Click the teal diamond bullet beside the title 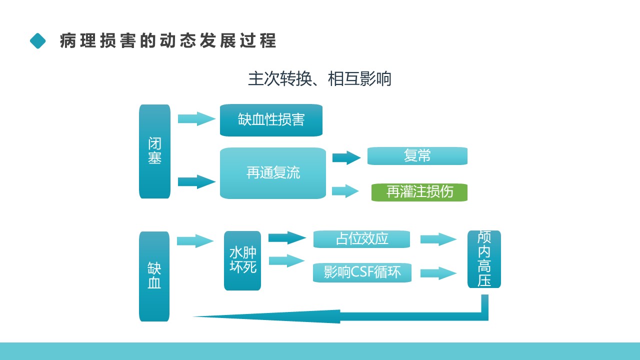click(x=37, y=41)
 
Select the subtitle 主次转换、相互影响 click(x=319, y=79)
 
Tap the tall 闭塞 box click(x=154, y=151)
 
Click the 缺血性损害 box click(x=271, y=120)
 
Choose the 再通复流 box click(x=273, y=173)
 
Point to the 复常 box click(x=417, y=156)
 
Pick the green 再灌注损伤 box click(x=419, y=192)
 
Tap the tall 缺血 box click(x=154, y=276)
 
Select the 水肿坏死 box click(x=242, y=260)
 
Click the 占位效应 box click(x=361, y=239)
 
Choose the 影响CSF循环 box click(x=362, y=272)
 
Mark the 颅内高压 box click(x=484, y=259)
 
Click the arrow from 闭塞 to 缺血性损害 click(x=196, y=118)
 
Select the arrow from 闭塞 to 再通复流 click(x=196, y=181)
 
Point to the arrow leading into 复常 click(x=346, y=157)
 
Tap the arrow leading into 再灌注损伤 click(x=345, y=191)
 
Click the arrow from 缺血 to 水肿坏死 click(x=195, y=241)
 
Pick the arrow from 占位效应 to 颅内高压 click(x=438, y=239)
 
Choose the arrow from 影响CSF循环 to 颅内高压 click(x=438, y=273)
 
